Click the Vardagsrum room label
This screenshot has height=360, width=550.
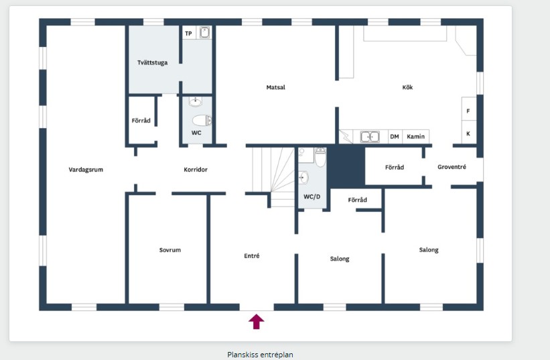[86, 170]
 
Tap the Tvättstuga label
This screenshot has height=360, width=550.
[152, 63]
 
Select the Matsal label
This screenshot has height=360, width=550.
[276, 87]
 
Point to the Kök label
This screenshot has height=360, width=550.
[407, 87]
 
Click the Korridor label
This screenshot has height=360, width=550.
[196, 170]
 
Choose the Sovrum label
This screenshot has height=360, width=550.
[170, 250]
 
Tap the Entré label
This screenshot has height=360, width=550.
[252, 256]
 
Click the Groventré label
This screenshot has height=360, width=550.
[452, 167]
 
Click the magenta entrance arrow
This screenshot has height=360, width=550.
[257, 321]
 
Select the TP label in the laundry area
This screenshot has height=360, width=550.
[188, 34]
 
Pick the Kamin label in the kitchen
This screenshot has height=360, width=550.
[415, 137]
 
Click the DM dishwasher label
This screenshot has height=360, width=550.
[395, 137]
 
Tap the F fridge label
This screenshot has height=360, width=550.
[468, 111]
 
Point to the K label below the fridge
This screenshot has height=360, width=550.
[468, 133]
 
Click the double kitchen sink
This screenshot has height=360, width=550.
[370, 137]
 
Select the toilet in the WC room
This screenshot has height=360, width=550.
[202, 121]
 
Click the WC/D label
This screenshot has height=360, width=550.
[312, 197]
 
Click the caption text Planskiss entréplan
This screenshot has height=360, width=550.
[260, 355]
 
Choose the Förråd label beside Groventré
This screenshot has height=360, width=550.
[395, 168]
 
